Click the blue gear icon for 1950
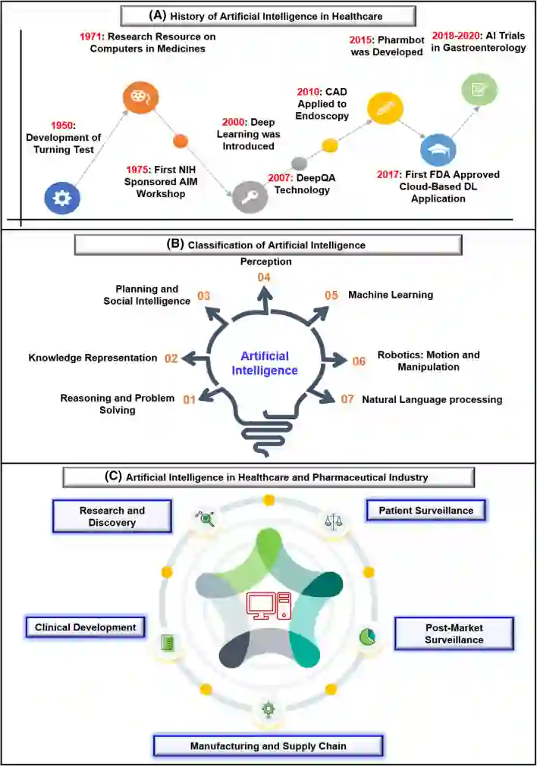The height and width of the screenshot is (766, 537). pyautogui.click(x=62, y=199)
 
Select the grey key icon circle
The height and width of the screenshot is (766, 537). pyautogui.click(x=250, y=197)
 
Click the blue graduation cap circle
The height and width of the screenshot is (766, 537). pyautogui.click(x=438, y=149)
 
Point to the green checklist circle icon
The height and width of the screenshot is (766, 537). pyautogui.click(x=480, y=89)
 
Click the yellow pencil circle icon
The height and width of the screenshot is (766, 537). pyautogui.click(x=384, y=108)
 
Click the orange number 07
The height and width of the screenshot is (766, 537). pyautogui.click(x=347, y=399)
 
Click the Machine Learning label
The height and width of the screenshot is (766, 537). pyautogui.click(x=390, y=295)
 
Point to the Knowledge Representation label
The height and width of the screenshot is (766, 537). pyautogui.click(x=93, y=358)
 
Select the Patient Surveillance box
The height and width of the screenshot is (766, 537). pyautogui.click(x=426, y=511)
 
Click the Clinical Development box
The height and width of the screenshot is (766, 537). pyautogui.click(x=85, y=627)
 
